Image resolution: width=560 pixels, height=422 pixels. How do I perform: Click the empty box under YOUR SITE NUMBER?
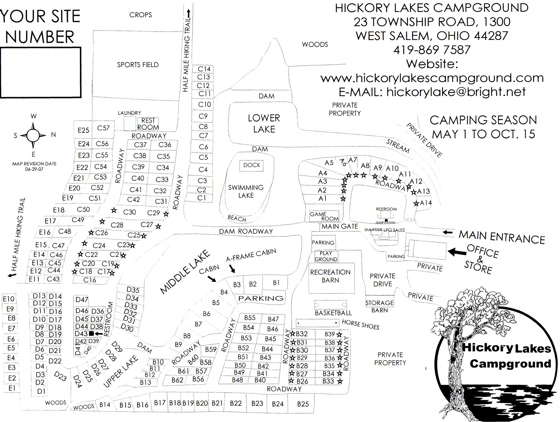[41, 73]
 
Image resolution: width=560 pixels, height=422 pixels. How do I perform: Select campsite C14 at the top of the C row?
[204, 69]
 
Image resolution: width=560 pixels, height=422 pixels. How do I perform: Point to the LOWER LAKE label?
[264, 124]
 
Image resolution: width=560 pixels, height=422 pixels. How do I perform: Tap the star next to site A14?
[416, 203]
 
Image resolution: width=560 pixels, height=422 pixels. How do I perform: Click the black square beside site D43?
[92, 333]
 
